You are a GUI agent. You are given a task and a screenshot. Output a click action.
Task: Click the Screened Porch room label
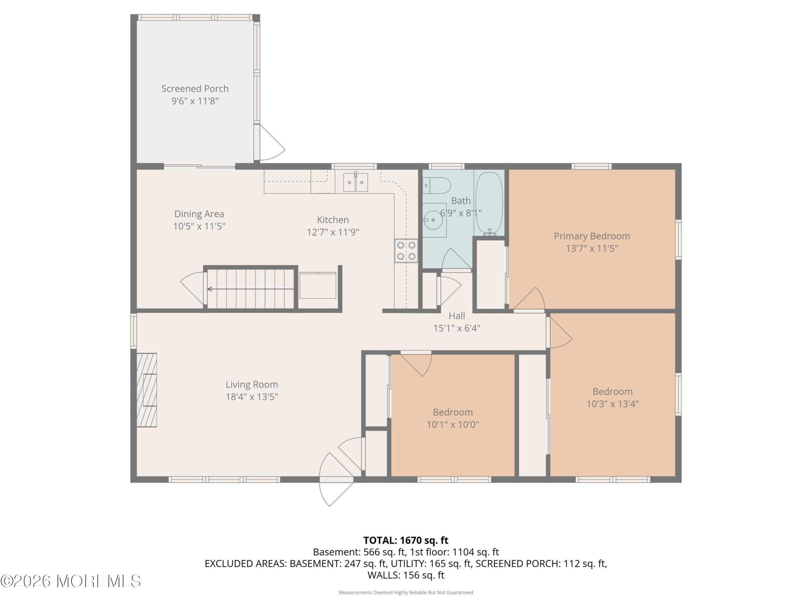pos(195,88)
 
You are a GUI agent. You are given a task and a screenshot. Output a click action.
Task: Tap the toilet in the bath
pos(436,186)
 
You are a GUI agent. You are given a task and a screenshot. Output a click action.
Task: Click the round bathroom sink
pos(433,220)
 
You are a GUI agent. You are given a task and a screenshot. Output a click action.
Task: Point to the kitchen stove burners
pos(406,251)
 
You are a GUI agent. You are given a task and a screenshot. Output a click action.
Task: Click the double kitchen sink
pos(355,182)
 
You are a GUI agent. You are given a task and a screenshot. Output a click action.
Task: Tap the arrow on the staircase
pos(251,289)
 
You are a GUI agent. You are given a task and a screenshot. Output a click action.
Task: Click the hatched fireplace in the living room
pos(147,390)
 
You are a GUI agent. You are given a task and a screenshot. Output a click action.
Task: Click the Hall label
pos(457,316)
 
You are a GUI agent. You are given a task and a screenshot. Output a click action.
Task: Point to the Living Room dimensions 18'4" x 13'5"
pos(252,397)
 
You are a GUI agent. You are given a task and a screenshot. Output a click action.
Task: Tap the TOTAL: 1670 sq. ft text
pos(406,540)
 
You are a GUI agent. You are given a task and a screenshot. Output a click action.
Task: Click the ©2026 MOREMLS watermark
pos(70,581)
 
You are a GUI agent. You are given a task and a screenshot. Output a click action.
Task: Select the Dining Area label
pos(199,214)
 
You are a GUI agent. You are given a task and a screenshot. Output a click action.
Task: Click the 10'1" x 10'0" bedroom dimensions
pos(453,425)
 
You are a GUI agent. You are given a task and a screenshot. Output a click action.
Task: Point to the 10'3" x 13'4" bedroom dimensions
pos(612,404)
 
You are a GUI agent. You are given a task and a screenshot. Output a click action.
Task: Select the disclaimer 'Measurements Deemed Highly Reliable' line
pos(406,593)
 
